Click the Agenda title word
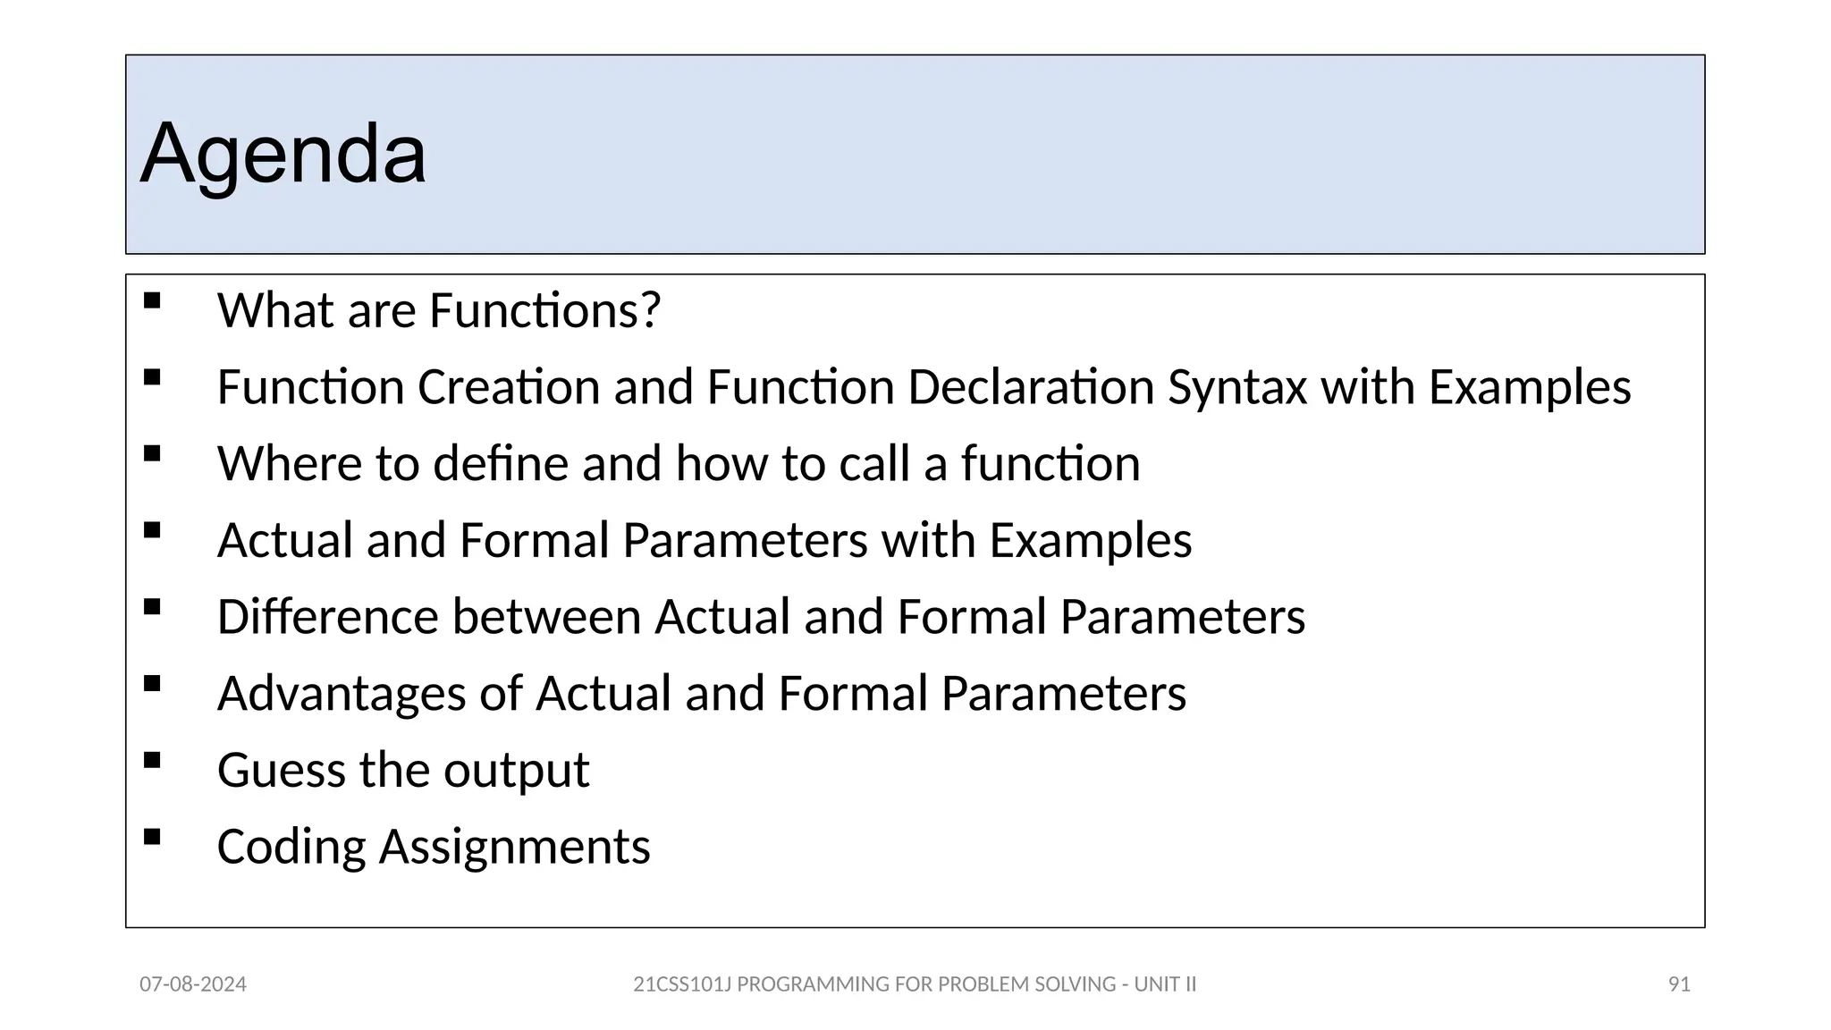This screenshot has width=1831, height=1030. pos(283,154)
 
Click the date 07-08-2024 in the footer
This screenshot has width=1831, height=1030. pos(193,984)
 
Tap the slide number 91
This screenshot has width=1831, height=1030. pos(1679,984)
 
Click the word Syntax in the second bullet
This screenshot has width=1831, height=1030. pos(1237,388)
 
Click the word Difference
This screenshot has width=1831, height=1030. pos(327,617)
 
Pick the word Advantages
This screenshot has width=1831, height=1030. pos(342,694)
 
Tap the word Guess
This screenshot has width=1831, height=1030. pos(282,771)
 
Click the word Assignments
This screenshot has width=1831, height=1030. pos(515,847)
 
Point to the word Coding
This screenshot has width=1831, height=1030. pos(291,847)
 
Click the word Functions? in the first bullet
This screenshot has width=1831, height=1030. pos(544,310)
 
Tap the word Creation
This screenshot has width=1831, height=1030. pos(509,388)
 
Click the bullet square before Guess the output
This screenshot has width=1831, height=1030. pos(152,761)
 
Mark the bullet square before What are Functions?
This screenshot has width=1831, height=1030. pos(152,301)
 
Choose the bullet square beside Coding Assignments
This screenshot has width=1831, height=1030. pos(152,837)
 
